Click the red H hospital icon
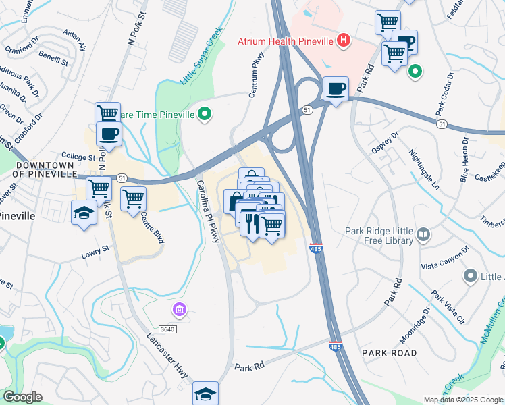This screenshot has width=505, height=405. [x=344, y=40]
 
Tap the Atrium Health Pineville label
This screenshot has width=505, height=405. [x=286, y=41]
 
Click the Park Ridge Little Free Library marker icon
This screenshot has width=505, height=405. [x=423, y=234]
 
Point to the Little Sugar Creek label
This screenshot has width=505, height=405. [x=201, y=55]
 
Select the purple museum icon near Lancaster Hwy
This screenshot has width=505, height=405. [x=179, y=310]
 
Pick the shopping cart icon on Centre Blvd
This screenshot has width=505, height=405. [x=133, y=198]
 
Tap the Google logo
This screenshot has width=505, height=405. [x=22, y=397]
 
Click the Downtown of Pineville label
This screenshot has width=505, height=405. [x=45, y=169]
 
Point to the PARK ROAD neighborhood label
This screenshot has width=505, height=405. [x=389, y=353]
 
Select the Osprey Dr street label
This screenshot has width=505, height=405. [x=386, y=142]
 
